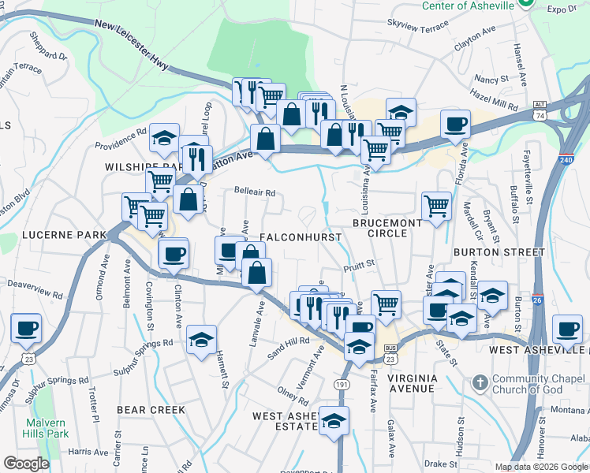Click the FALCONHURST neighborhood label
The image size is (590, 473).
click(301, 237)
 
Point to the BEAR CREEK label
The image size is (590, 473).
click(151, 410)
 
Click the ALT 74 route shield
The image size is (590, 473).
click(562, 110)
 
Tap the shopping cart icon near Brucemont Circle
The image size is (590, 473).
click(436, 206)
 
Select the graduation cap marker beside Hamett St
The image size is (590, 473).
click(202, 339)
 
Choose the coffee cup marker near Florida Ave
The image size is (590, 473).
click(455, 123)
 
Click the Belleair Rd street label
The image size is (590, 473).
click(255, 192)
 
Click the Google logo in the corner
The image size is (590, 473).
click(26, 464)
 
